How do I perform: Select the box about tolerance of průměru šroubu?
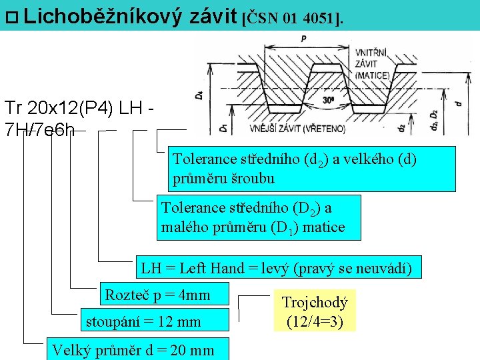[x=311, y=169]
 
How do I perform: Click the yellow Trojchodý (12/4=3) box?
[x=315, y=311]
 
